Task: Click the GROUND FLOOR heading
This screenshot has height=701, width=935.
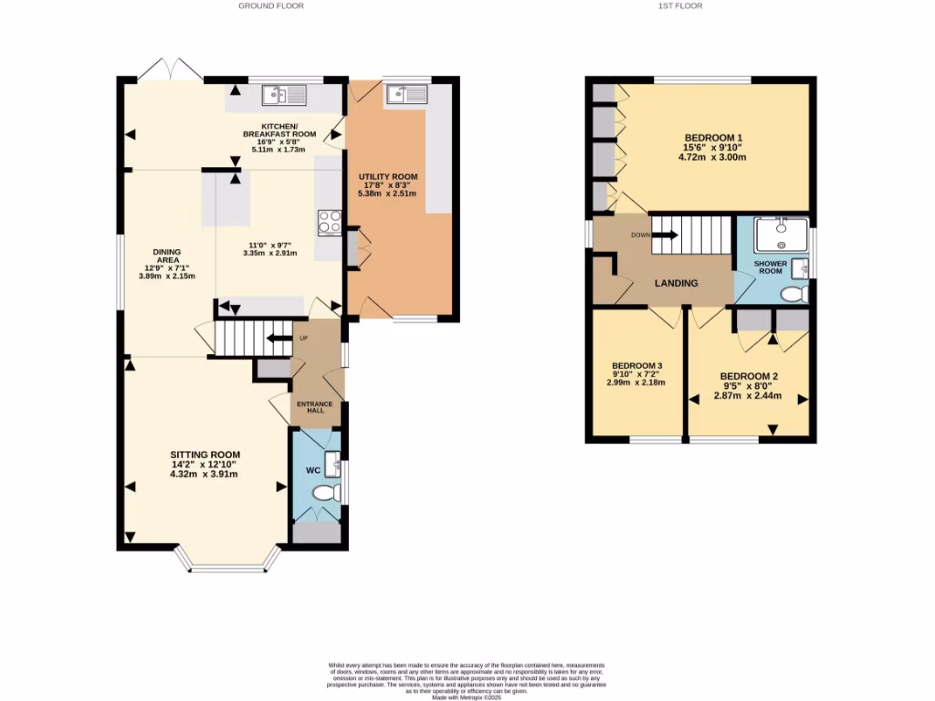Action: point(271,5)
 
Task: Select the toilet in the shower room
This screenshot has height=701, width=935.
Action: point(794,294)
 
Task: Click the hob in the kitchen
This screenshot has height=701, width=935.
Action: point(329,222)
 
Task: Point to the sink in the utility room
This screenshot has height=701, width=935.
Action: point(405,93)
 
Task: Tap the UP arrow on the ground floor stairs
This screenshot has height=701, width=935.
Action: point(273,339)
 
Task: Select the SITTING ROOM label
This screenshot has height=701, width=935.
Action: point(205,455)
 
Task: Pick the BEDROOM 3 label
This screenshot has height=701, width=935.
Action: point(636,365)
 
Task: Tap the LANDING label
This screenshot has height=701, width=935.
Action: point(676,283)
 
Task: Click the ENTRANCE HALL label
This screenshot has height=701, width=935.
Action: point(314,406)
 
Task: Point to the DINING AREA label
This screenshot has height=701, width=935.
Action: point(167,256)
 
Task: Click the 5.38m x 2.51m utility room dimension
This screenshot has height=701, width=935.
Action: point(388,194)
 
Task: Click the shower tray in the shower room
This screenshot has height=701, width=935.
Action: point(783,234)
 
